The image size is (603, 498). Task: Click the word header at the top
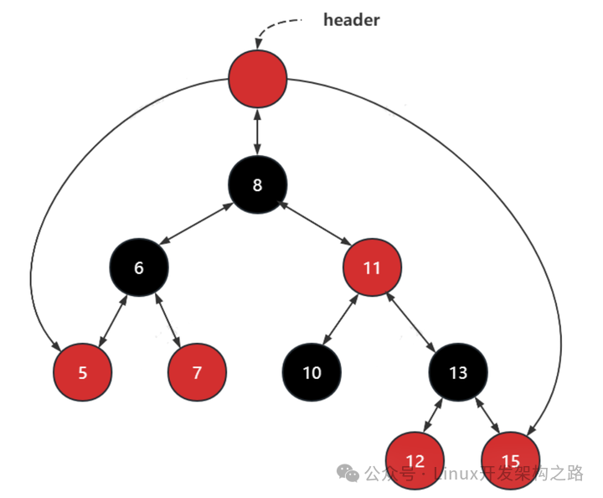click(352, 20)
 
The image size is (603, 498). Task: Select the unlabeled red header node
click(258, 79)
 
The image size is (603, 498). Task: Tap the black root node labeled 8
click(258, 184)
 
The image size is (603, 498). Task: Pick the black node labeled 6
click(139, 267)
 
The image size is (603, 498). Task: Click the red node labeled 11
click(372, 267)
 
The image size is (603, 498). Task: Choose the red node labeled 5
click(83, 372)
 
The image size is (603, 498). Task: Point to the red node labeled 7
click(197, 372)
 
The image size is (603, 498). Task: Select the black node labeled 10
click(312, 372)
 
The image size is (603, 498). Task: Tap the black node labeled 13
click(458, 372)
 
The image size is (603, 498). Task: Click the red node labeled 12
click(415, 460)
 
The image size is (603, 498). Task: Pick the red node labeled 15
click(511, 460)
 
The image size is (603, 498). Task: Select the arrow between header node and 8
click(258, 132)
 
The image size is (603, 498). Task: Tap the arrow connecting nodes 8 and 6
click(196, 223)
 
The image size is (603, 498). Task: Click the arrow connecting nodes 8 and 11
click(315, 222)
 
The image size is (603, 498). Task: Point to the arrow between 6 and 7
click(167, 320)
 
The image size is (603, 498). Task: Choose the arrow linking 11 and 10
click(340, 319)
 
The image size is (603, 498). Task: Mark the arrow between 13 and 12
click(433, 415)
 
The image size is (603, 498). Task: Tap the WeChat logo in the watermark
click(348, 473)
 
